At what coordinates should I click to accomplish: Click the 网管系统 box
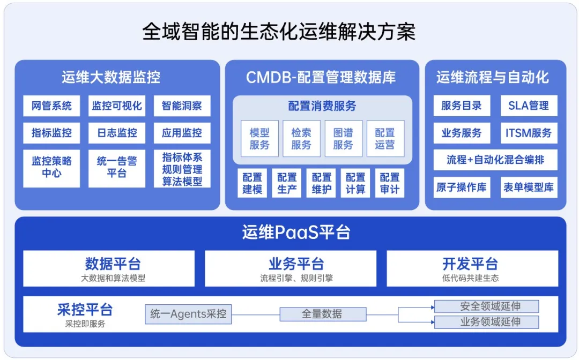[51, 106]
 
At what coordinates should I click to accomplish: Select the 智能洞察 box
[182, 106]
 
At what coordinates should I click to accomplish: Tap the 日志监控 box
[117, 133]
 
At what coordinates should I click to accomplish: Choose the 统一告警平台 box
[117, 168]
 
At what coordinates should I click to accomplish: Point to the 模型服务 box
[259, 138]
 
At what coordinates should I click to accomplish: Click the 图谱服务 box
[343, 138]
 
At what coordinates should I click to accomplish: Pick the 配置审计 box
[390, 183]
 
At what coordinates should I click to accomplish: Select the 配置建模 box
[252, 183]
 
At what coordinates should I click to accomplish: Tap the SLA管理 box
[529, 106]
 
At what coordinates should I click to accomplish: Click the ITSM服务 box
[529, 133]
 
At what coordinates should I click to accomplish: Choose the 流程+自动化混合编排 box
[495, 160]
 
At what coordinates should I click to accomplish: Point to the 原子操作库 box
[462, 187]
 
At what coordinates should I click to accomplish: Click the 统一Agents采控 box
[188, 314]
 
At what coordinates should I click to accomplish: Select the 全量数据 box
[322, 314]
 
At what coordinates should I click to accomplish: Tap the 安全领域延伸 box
[486, 306]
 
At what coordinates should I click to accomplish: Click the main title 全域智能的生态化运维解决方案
[279, 32]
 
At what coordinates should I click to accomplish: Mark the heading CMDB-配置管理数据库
[321, 78]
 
